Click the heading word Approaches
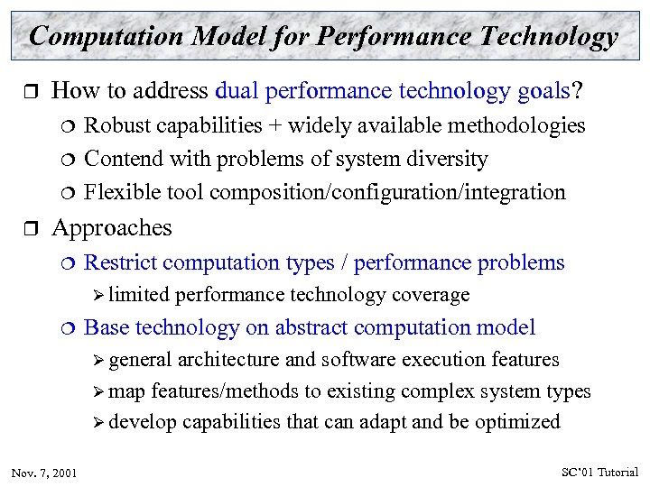tap(111, 228)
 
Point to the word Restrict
tap(117, 262)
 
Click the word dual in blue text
tap(237, 91)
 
